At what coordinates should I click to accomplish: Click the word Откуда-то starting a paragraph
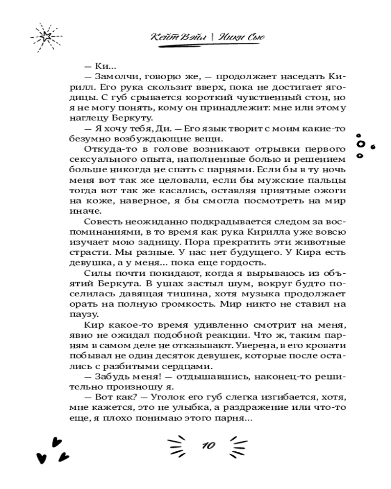pyautogui.click(x=104, y=148)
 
